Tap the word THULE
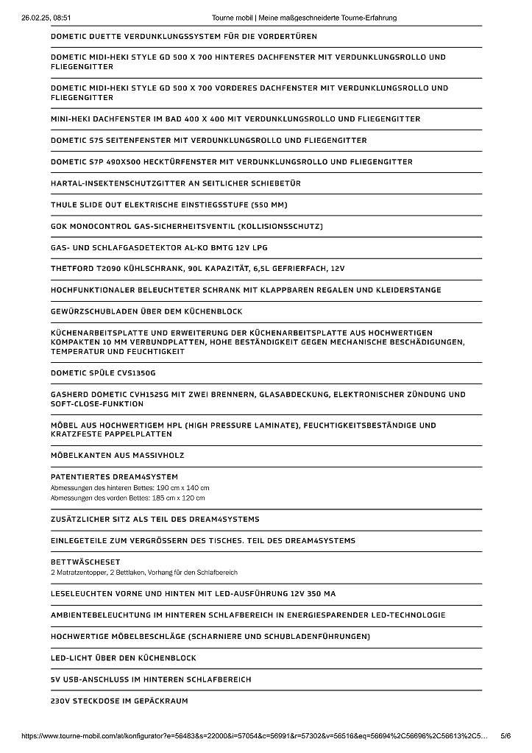tap(64, 205)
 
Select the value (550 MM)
tap(270, 205)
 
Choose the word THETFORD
tap(74, 269)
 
